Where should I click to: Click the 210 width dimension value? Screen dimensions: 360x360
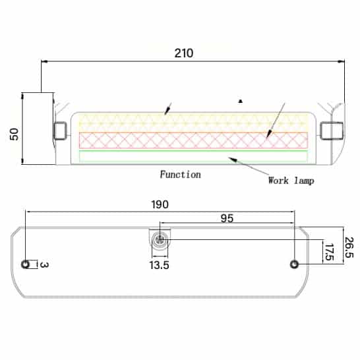tap(184, 53)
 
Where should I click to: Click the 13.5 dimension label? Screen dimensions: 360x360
tap(159, 265)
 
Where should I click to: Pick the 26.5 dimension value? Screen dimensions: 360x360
tap(348, 247)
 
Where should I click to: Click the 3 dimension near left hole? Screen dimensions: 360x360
tap(44, 264)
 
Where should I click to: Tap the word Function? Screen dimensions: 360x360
tap(180, 175)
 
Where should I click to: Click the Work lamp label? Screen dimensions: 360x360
tap(291, 181)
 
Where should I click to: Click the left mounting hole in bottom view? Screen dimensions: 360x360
tap(26, 264)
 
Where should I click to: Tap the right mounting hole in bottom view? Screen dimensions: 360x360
tap(294, 264)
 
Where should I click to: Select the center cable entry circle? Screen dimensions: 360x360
tap(159, 241)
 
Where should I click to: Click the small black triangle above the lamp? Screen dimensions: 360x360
tap(241, 102)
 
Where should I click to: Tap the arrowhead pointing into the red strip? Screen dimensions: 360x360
tap(268, 135)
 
